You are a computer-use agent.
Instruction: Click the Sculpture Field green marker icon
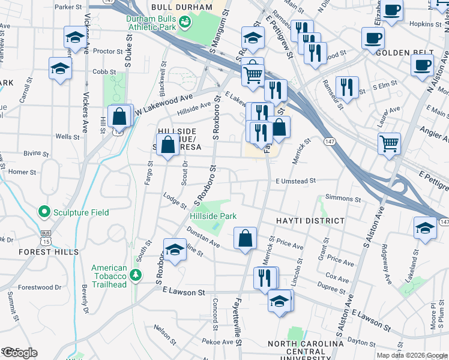point(43,212)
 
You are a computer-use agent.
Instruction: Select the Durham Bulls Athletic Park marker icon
point(185,22)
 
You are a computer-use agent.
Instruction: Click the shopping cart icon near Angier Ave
point(390,143)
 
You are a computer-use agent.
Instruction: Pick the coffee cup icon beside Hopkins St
point(392,10)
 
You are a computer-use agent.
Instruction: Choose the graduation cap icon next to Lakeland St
point(425,229)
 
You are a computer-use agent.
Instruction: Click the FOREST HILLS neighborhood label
point(40,252)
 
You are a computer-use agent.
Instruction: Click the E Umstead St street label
point(296,181)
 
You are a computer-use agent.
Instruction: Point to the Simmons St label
point(342,198)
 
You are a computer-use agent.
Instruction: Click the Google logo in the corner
point(19,353)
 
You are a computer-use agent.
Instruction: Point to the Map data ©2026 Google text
point(412,355)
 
